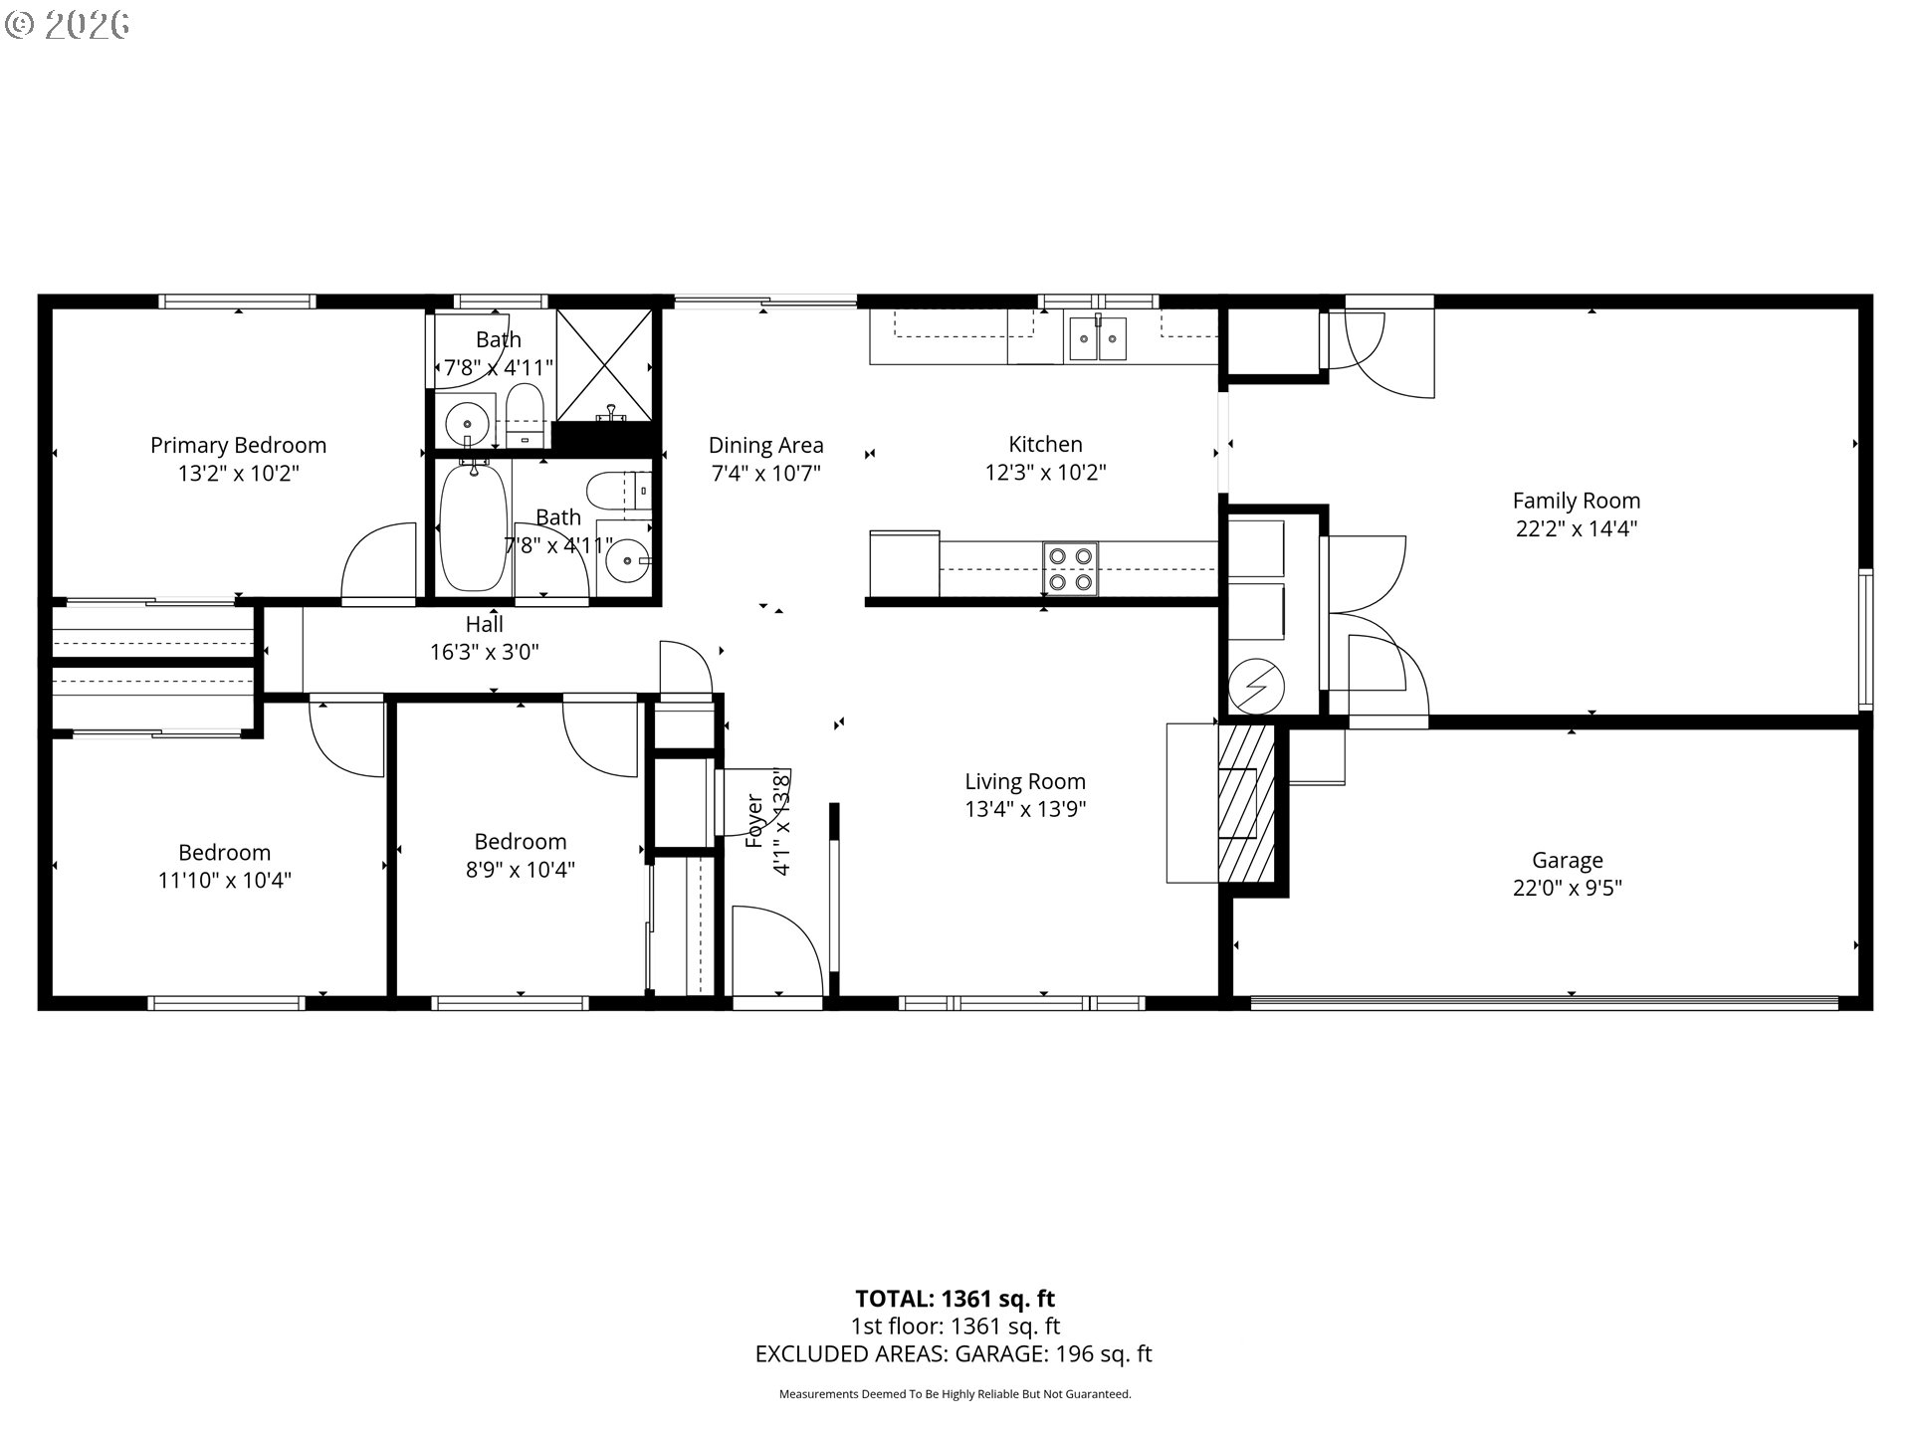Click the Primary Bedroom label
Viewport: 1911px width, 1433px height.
(x=238, y=445)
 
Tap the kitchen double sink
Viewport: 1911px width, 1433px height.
(x=1099, y=338)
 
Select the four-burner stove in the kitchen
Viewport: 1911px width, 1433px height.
(x=1070, y=569)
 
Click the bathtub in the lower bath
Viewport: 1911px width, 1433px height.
(x=474, y=526)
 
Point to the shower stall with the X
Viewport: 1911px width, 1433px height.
(x=603, y=365)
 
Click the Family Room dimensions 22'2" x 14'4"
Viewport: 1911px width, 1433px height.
(x=1577, y=528)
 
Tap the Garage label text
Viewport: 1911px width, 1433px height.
(x=1568, y=860)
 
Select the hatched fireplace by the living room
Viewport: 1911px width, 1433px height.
(x=1246, y=803)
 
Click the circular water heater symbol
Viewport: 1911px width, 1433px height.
(x=1256, y=685)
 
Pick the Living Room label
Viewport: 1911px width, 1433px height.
(x=1025, y=781)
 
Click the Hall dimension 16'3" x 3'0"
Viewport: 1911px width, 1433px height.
(x=485, y=652)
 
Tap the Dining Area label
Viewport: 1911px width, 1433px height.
(x=765, y=445)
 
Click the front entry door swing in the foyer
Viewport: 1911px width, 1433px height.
(x=777, y=950)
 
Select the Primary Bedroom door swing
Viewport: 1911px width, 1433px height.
(x=378, y=562)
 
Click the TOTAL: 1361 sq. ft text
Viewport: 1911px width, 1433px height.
(x=955, y=1299)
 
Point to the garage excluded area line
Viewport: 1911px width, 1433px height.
(x=954, y=1353)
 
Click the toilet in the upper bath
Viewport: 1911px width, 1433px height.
(x=524, y=417)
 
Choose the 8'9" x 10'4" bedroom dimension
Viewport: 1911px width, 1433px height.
(x=521, y=870)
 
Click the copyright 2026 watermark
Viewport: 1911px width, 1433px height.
(x=68, y=25)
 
